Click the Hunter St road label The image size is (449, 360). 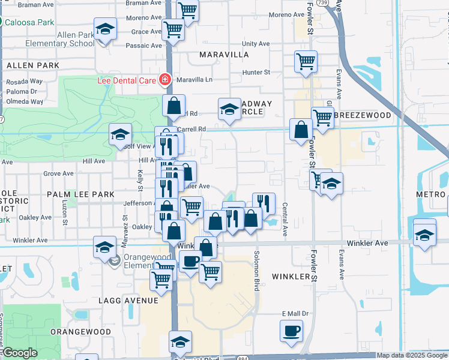[x=256, y=73]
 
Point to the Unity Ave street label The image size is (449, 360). [x=256, y=44]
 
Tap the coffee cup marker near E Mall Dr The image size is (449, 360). [x=292, y=331]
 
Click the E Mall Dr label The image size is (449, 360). [x=295, y=313]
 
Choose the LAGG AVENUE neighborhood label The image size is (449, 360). [x=130, y=300]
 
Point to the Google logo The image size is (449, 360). [x=19, y=353]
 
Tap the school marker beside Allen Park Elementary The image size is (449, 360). [x=105, y=29]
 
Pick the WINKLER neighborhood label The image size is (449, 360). [x=294, y=277]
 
